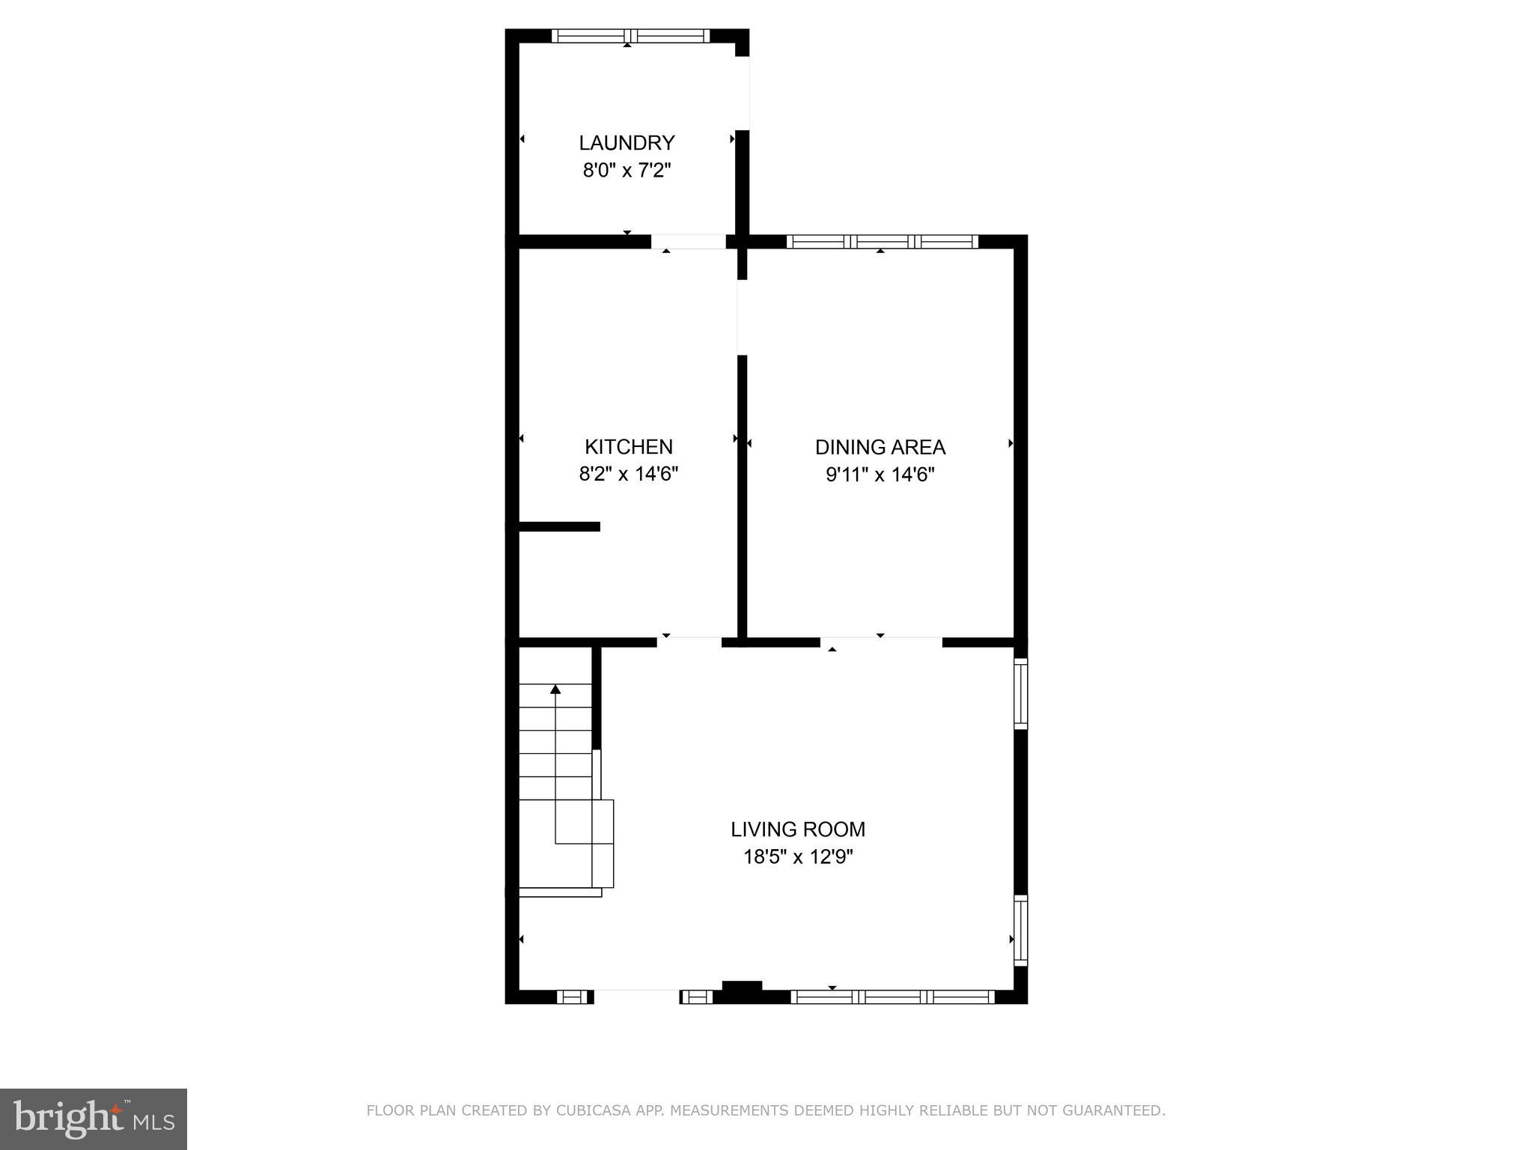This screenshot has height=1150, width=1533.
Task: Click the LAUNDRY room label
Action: pos(627,142)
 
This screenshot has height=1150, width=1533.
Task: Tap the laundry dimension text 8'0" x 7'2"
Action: pos(627,171)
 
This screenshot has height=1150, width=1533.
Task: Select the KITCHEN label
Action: pos(628,447)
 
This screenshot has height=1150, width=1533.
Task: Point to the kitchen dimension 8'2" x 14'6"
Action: pos(628,475)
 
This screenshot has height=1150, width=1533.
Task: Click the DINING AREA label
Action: pos(880,447)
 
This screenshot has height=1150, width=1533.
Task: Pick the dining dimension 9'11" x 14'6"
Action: pos(880,475)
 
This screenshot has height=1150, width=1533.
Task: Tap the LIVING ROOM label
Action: pos(798,829)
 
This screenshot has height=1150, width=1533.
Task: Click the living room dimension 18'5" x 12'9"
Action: pos(798,857)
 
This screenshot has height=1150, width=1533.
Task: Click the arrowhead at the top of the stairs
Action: pos(555,689)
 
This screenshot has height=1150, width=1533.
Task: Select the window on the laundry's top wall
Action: pos(630,36)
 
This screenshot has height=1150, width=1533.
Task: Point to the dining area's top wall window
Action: pos(882,241)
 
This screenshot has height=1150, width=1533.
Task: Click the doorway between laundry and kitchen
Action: pos(688,242)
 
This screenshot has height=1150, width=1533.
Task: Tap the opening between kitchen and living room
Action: pos(689,642)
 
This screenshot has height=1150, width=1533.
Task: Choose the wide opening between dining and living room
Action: pos(881,642)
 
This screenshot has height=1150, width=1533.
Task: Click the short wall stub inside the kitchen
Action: pos(559,526)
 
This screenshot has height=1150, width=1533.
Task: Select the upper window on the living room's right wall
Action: pos(1020,693)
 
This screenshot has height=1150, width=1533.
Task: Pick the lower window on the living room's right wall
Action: pos(1020,930)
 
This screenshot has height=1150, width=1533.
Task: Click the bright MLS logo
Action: pos(94,1119)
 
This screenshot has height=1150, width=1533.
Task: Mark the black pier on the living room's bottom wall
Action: pos(742,990)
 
